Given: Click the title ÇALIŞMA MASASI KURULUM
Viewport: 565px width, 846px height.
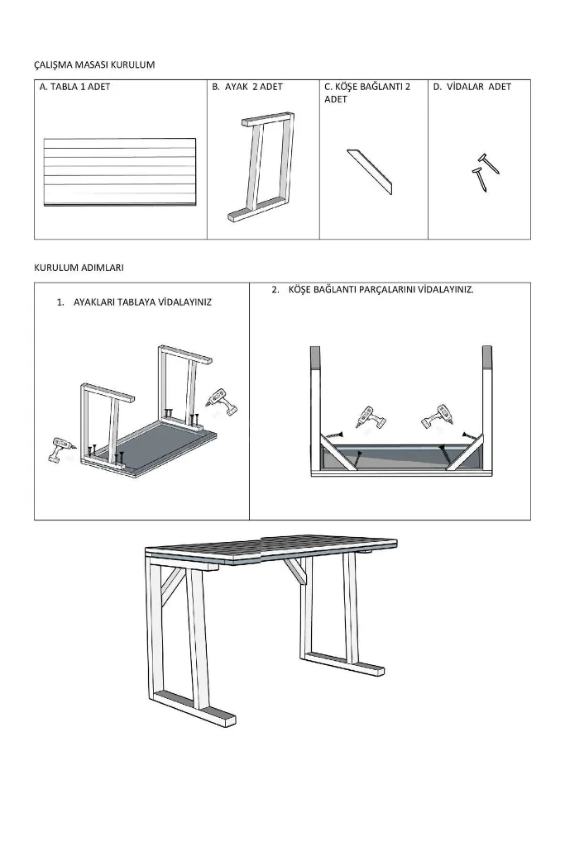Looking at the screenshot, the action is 94,64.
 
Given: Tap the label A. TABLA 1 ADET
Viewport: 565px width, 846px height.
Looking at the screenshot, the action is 74,87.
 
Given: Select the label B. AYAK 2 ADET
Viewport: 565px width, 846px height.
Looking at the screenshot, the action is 247,87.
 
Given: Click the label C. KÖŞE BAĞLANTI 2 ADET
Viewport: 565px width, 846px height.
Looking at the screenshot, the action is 367,93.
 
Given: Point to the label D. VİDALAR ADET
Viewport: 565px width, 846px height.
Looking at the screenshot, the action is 472,87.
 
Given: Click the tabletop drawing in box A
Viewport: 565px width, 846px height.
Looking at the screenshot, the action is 120,172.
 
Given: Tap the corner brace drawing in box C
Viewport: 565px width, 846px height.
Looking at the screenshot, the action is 370,172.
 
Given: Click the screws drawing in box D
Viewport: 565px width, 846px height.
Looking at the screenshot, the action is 485,173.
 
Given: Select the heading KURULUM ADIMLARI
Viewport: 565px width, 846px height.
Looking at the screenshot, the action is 79,268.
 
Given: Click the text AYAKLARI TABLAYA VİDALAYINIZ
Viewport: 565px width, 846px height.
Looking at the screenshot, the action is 142,302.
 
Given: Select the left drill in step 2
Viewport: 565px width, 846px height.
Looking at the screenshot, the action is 369,419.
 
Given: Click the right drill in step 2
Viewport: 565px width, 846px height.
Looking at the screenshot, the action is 437,416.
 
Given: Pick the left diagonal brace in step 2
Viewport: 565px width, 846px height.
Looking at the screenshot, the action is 339,452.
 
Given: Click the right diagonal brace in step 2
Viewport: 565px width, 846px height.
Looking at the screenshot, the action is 465,452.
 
